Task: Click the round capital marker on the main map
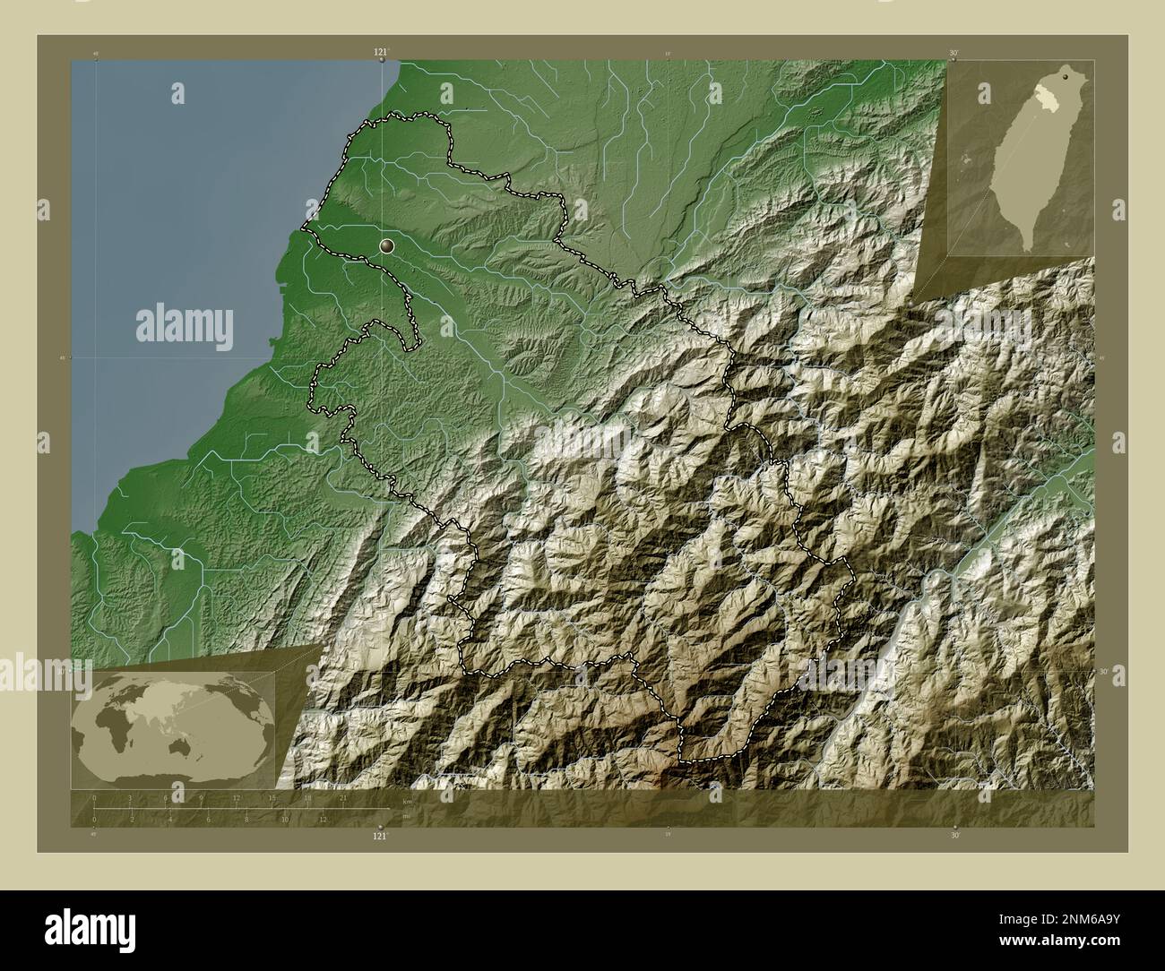(386, 245)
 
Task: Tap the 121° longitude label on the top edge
(382, 54)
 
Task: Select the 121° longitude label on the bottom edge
(382, 836)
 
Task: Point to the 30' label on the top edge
(954, 54)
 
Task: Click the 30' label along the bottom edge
(954, 836)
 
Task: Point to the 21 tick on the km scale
(343, 798)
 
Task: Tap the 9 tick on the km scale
(202, 798)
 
